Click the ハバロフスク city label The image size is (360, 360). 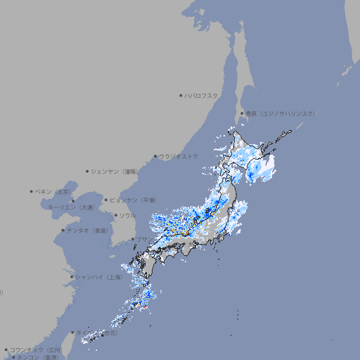coord(201,95)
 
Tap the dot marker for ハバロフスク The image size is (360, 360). coord(181,95)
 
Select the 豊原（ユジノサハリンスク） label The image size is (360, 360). coord(281,113)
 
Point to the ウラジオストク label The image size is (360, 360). coord(179,156)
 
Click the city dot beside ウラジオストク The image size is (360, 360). coord(155,157)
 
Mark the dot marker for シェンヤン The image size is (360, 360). coord(88,171)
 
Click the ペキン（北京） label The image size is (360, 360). coord(54,191)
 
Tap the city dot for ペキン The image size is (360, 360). coord(32,191)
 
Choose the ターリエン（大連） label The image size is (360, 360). coord(71,207)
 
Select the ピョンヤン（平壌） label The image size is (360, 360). coord(133,200)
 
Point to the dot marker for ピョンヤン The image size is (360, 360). coord(106,200)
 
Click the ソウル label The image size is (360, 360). coord(127,215)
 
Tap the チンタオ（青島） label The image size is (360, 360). coord(88,230)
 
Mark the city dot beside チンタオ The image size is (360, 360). coord(63,230)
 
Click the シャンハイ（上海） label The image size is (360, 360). coord(99,277)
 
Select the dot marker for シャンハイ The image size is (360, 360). coord(72,277)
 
